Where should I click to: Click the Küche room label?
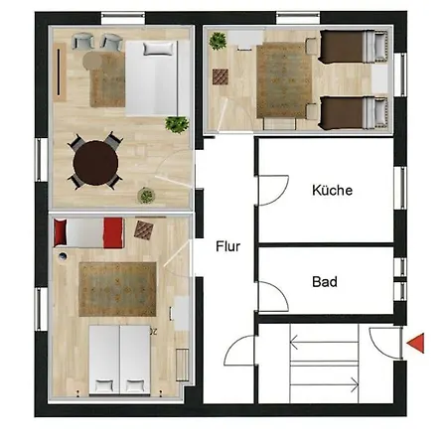332,190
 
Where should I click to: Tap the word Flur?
227,246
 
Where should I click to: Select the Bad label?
325,282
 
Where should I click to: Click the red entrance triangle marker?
416,343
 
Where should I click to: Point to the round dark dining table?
95,163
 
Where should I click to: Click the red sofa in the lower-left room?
88,232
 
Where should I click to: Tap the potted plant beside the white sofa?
177,124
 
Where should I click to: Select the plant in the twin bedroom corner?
218,41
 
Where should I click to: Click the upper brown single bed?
353,47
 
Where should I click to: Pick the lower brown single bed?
353,112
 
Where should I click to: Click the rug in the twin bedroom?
284,80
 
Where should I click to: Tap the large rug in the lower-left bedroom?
117,289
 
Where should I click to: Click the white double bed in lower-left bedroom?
119,360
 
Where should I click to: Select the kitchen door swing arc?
281,196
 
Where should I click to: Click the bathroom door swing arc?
280,291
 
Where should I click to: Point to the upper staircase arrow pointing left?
324,342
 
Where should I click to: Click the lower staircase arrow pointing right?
324,384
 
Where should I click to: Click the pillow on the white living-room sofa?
158,49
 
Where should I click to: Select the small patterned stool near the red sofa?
144,229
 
